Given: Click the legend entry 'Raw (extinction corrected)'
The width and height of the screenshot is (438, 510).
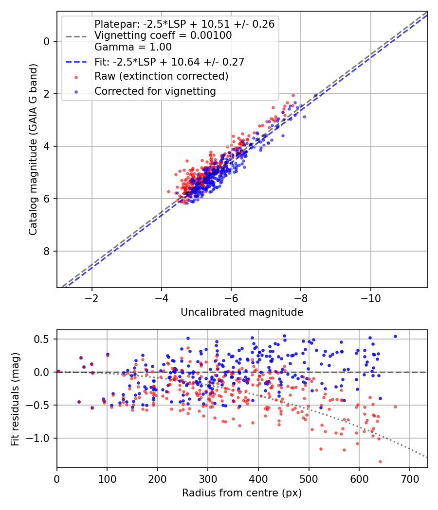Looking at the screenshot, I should click(x=161, y=76).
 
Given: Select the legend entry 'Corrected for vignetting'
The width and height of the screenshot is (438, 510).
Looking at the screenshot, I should click(x=155, y=91).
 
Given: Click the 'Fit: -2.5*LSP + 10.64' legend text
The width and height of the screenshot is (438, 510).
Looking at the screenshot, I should click(x=169, y=62).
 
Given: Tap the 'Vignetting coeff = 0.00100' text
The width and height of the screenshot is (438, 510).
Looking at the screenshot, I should click(x=163, y=35).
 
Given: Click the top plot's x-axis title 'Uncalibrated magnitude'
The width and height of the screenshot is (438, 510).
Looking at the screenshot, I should click(x=242, y=312).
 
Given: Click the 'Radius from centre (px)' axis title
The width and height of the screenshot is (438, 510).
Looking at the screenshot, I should click(x=242, y=493).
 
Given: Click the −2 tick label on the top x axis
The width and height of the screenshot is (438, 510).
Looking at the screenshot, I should click(x=91, y=297).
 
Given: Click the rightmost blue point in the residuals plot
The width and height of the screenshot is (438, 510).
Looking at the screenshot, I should click(x=395, y=336).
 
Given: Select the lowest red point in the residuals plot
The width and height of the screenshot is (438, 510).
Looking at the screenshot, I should click(x=380, y=461).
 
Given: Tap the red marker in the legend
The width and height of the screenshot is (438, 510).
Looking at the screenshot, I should click(x=75, y=77).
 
